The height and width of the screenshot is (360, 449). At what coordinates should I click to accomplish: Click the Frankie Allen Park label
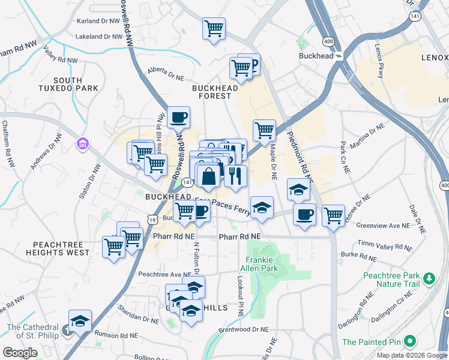tap(261, 264)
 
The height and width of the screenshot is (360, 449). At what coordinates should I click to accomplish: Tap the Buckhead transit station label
tap(316, 55)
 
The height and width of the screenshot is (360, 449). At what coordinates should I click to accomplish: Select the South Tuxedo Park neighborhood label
tap(76, 84)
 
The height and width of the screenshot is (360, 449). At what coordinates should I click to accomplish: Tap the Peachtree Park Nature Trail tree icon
tap(429, 278)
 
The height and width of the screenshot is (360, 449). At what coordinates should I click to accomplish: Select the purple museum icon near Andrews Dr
tap(82, 144)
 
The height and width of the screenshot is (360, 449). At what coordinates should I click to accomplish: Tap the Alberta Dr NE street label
tap(164, 73)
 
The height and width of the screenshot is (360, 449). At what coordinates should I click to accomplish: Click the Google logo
tap(20, 353)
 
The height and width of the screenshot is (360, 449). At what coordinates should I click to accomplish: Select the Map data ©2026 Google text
tap(412, 355)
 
